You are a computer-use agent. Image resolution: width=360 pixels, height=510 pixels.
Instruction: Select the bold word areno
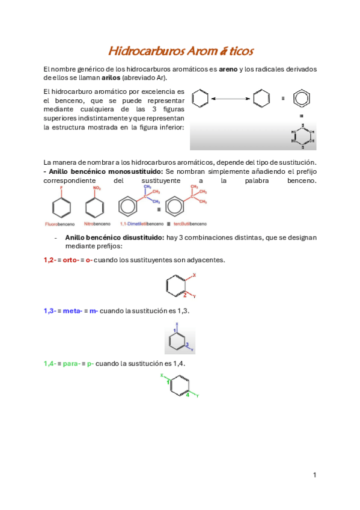(x=228, y=70)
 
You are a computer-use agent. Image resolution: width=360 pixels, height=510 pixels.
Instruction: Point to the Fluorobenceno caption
(x=59, y=224)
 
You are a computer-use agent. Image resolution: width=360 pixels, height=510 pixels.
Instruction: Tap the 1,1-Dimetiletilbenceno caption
(x=136, y=224)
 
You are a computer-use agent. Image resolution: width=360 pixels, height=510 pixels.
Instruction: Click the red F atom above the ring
(x=61, y=189)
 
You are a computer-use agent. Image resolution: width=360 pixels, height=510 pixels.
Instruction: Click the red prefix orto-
(x=70, y=260)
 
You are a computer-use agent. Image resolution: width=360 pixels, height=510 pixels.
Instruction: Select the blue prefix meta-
(x=72, y=310)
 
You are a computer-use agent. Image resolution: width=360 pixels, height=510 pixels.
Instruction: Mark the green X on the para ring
(x=162, y=375)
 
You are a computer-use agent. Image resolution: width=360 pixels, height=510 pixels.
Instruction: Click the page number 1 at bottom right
(x=314, y=475)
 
